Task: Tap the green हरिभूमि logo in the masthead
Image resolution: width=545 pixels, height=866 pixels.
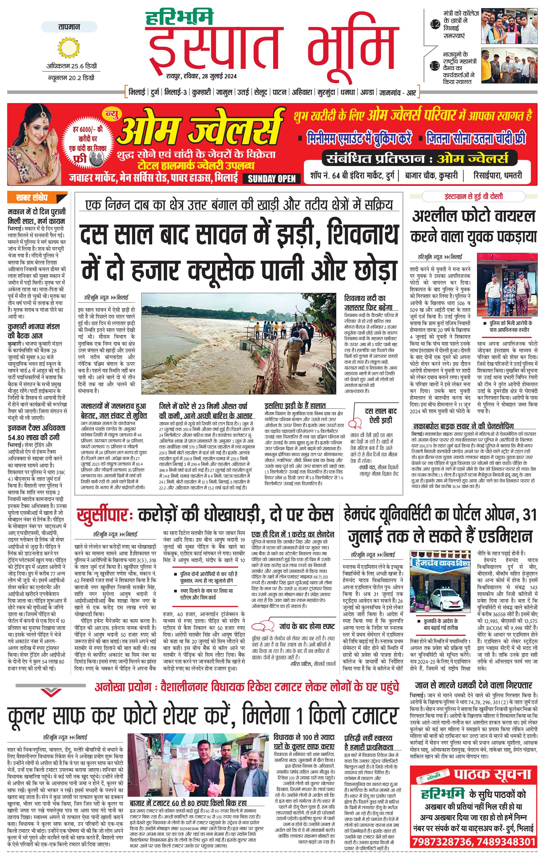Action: [179, 18]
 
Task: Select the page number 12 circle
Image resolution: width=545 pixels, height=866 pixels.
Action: [435, 24]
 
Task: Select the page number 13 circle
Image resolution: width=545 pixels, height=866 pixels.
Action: [435, 66]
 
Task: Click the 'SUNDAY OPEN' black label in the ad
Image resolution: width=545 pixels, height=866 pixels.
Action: [272, 179]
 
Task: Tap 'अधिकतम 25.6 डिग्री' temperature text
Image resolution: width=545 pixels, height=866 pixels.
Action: [72, 66]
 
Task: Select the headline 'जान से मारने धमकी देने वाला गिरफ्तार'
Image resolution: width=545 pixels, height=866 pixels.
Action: [473, 685]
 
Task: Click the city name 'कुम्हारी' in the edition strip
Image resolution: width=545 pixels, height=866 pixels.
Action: [201, 92]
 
